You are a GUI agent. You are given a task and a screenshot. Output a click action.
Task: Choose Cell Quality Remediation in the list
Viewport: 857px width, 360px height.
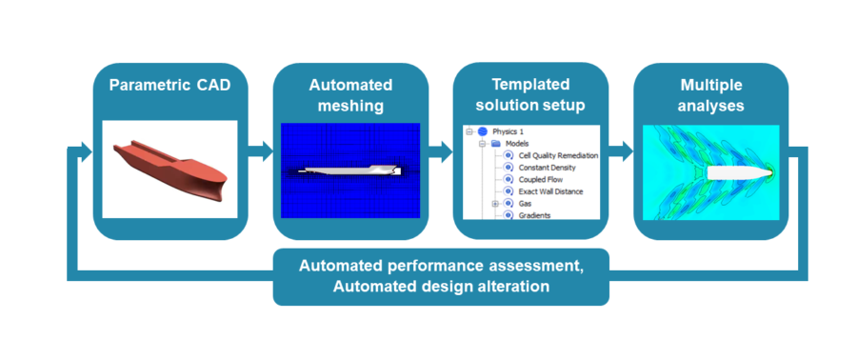click(556, 154)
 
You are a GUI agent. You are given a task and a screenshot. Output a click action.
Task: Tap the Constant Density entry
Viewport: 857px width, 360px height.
click(548, 167)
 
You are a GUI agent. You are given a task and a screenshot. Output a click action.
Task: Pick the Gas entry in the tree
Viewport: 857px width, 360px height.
click(526, 204)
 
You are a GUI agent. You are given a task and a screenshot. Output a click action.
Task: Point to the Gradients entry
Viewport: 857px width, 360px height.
click(534, 216)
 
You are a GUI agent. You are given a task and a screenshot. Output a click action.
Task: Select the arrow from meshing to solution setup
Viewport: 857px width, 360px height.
click(439, 150)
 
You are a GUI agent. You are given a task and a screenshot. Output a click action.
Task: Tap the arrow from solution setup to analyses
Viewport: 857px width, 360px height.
click(620, 150)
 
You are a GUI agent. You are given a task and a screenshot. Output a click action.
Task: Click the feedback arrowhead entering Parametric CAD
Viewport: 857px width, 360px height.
click(85, 150)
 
